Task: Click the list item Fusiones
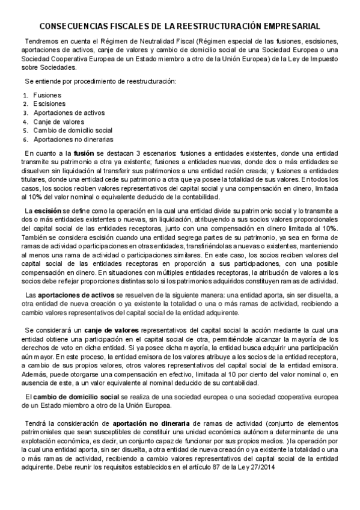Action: (x=47, y=95)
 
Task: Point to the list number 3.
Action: (x=25, y=112)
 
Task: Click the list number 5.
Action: (x=25, y=131)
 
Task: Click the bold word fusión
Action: (x=84, y=154)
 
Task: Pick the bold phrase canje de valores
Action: (x=114, y=331)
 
